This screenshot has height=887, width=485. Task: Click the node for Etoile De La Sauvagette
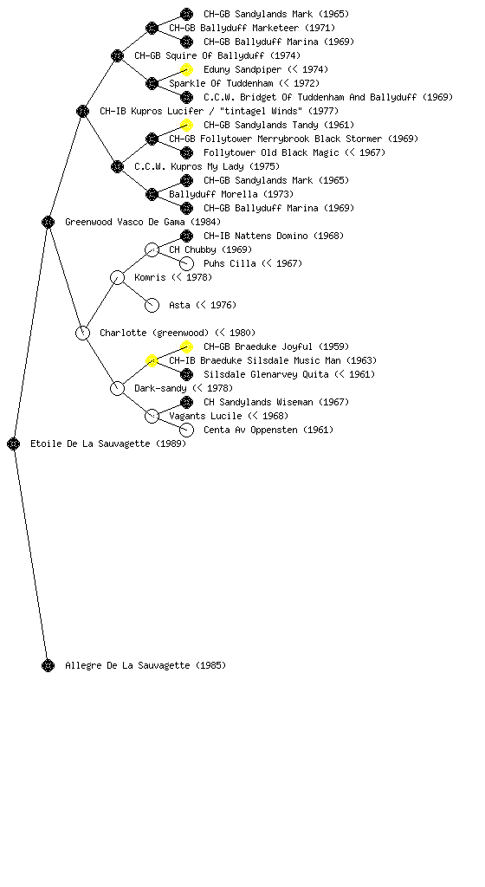click(14, 444)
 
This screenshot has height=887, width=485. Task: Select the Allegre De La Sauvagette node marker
click(48, 666)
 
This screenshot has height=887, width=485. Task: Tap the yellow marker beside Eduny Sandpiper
click(186, 69)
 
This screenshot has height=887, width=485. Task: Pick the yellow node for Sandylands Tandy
click(186, 125)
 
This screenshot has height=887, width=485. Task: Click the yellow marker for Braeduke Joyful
click(186, 346)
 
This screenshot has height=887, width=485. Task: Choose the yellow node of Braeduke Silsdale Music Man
click(152, 360)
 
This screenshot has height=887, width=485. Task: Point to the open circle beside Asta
click(152, 306)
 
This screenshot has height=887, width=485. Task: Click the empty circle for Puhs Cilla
click(186, 263)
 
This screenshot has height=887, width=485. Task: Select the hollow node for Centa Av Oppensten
click(186, 430)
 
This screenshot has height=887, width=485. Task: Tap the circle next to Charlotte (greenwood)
click(82, 333)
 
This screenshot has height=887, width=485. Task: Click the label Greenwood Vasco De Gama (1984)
click(143, 222)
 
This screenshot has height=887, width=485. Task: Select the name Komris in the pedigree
click(151, 277)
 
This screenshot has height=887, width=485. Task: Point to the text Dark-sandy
click(160, 388)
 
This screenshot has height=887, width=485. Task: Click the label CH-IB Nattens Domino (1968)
click(274, 236)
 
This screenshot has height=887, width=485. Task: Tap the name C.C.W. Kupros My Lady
click(190, 166)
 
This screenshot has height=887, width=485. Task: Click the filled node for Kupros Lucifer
click(82, 111)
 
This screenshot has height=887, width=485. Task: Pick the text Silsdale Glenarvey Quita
click(266, 374)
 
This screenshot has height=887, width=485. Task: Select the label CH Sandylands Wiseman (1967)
click(276, 402)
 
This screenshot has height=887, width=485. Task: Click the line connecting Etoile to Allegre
click(30, 555)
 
